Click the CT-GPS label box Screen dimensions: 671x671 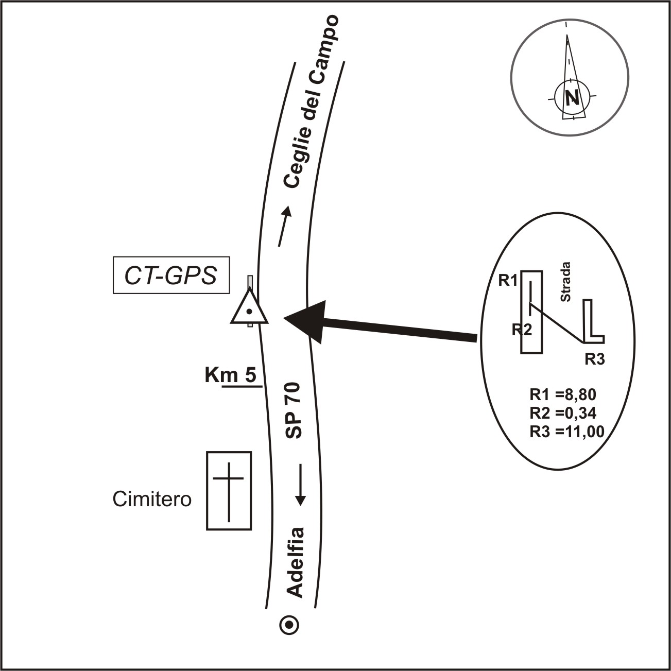[171, 277]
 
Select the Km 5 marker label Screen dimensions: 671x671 [230, 375]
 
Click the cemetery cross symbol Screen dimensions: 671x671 [229, 491]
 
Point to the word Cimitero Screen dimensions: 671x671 [152, 499]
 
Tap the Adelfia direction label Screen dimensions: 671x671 [295, 562]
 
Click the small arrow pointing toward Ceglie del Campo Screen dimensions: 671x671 [284, 226]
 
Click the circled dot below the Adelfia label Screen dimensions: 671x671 [289, 625]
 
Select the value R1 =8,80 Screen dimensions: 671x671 [562, 395]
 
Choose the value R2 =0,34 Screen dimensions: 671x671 [562, 413]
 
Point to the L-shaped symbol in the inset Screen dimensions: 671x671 [593, 322]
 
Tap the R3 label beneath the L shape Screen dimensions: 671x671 [594, 359]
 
